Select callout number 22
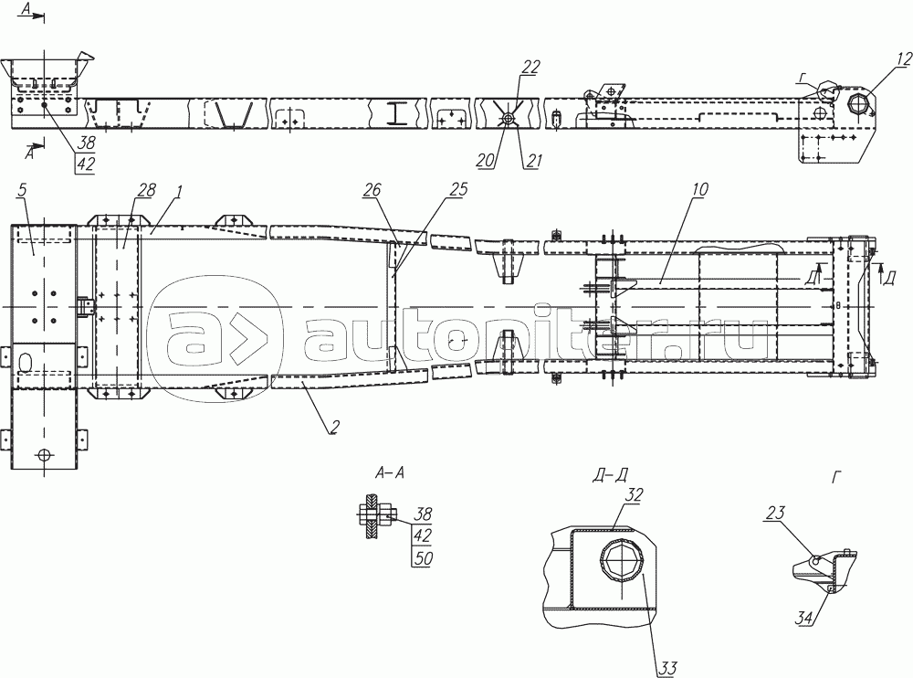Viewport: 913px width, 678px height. click(530, 67)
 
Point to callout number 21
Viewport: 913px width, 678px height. click(531, 161)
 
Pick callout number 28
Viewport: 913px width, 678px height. click(146, 191)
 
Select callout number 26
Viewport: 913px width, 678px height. click(372, 191)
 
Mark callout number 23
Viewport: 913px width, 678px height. click(775, 514)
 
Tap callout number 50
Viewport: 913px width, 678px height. click(422, 557)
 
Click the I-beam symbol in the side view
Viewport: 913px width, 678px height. click(397, 112)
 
